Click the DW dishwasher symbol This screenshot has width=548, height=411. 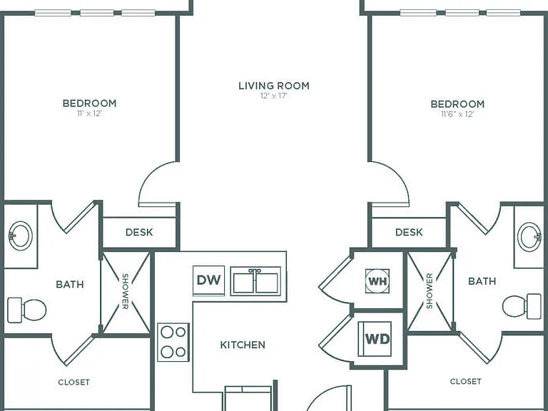pos(208,280)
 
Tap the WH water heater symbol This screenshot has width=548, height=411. pos(377,281)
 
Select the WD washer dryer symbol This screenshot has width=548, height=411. pos(375,339)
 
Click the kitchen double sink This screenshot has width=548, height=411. pos(255,281)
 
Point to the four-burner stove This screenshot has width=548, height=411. pos(173,342)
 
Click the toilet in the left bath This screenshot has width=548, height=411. pos(27,310)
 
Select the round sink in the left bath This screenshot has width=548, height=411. pos(21,235)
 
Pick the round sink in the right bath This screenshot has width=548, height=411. pos(529,237)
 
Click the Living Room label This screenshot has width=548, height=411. pos(274,86)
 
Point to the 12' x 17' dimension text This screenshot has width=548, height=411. pos(274,96)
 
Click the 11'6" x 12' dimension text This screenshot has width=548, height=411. pos(457,114)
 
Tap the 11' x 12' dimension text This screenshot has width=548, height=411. pos(89,113)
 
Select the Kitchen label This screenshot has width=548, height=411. pos(243,345)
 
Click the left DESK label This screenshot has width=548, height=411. pos(139,232)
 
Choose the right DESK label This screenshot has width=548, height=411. pos(409,232)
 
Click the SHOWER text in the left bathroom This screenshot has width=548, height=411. pos(125,291)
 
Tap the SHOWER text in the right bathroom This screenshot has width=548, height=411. pos(430,291)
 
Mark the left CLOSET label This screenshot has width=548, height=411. pos(73,382)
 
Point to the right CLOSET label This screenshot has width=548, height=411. pos(465,381)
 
